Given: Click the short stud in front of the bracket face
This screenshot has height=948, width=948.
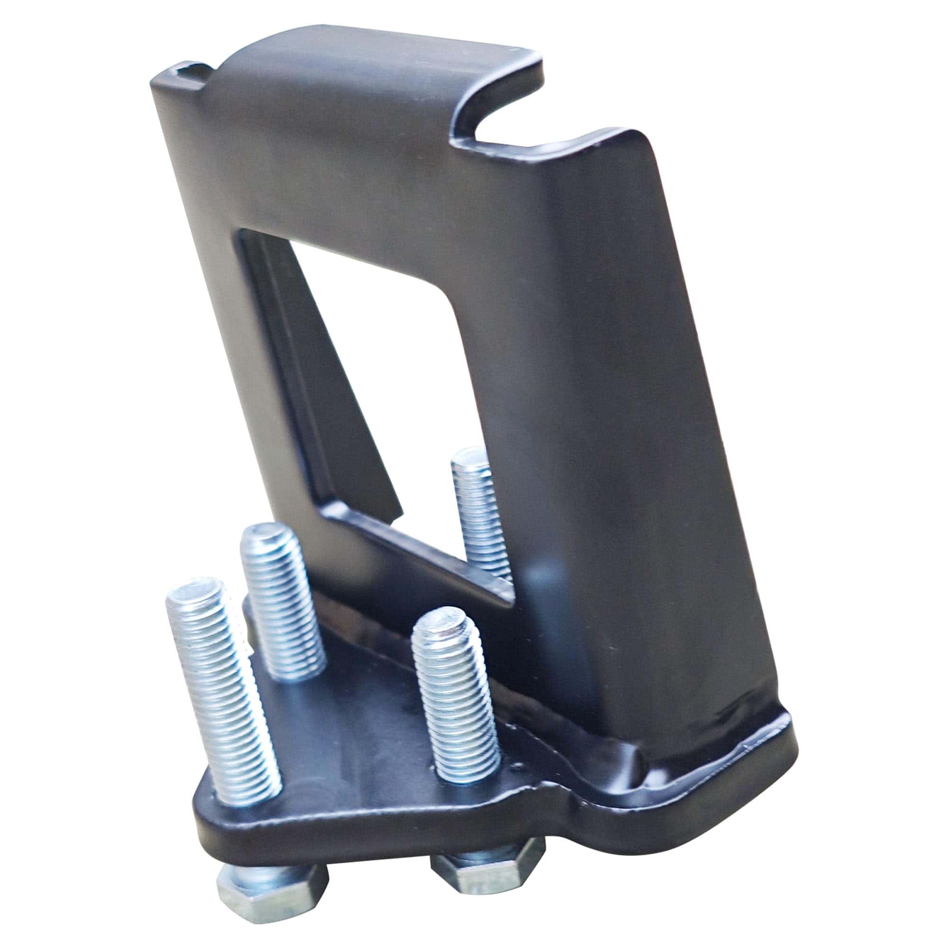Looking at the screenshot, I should (x=456, y=697).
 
